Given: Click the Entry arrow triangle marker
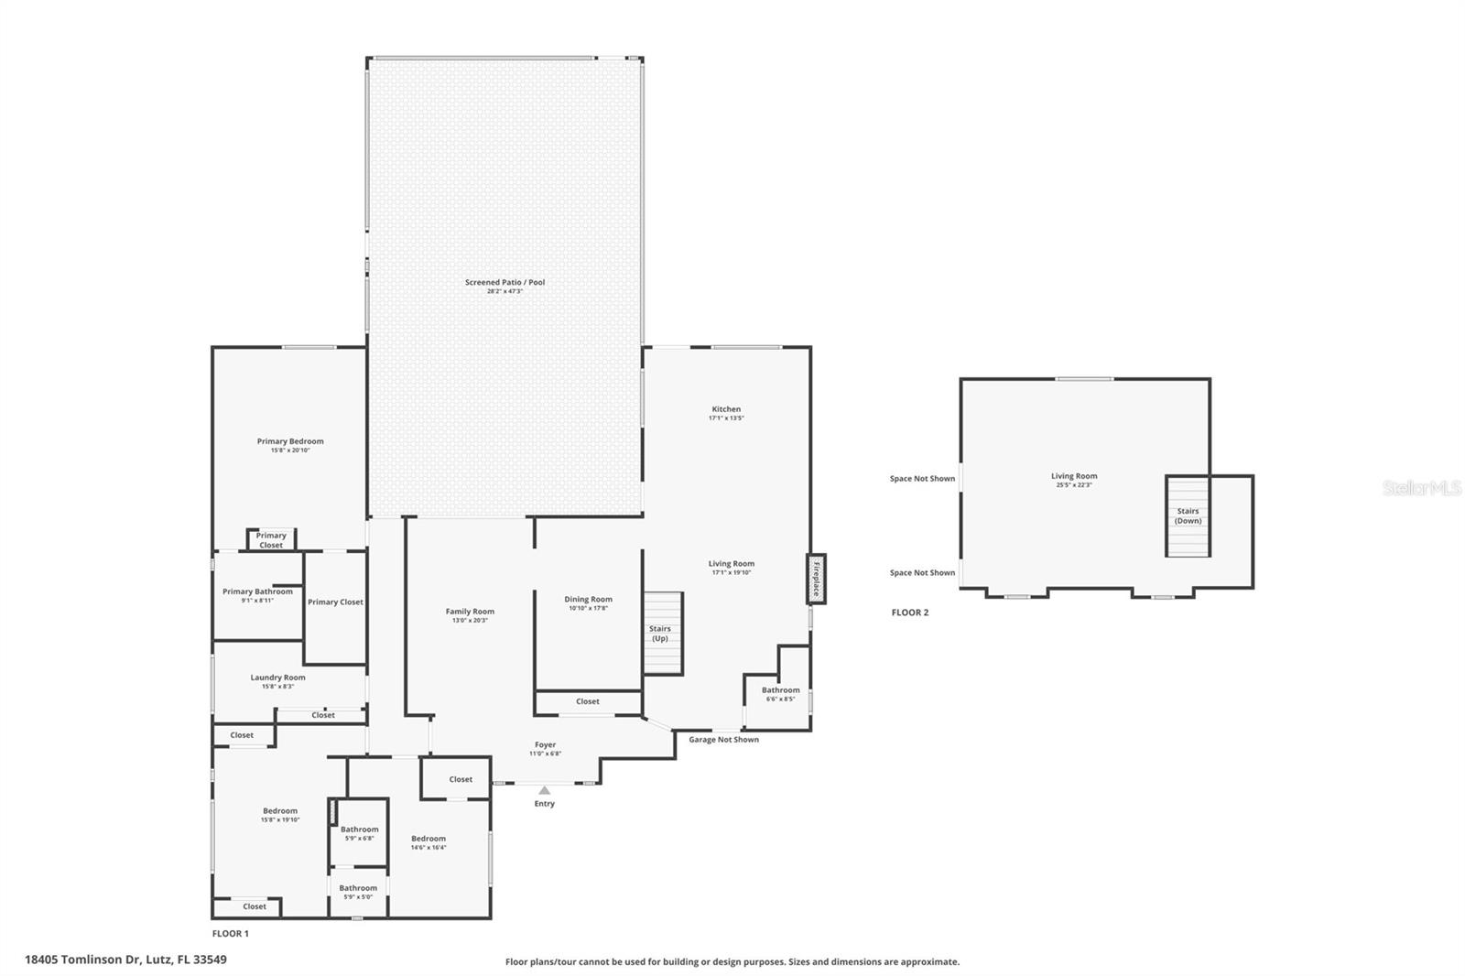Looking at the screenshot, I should click(545, 790).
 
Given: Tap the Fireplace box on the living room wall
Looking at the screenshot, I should click(816, 579).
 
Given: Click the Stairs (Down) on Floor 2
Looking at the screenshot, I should click(1188, 516).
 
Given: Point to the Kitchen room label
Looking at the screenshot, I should click(726, 409).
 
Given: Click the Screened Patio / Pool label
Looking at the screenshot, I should click(505, 282).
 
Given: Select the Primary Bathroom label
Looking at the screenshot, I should click(257, 591).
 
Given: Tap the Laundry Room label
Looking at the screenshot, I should click(277, 678).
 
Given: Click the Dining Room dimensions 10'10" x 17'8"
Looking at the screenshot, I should click(588, 608).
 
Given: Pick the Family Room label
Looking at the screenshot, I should click(470, 612).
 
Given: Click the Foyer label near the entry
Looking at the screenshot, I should click(545, 744).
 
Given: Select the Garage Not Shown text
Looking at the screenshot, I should click(723, 740).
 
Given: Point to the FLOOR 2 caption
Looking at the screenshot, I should click(909, 613).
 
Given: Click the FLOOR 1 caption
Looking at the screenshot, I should click(230, 934).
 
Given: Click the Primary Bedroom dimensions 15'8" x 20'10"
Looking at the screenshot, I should click(290, 450).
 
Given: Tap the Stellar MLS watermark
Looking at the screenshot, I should click(1421, 489).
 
